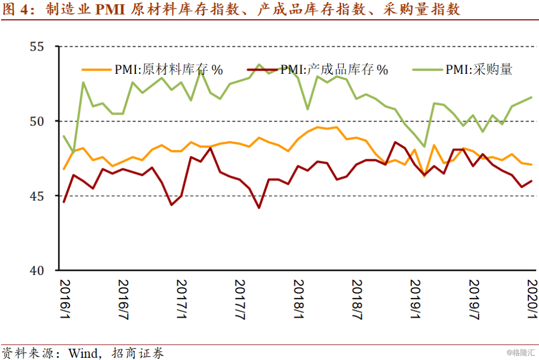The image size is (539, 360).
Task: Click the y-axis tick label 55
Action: click(36, 47)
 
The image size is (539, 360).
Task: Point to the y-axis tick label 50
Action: click(36, 121)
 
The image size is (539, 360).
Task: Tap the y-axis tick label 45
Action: click(36, 196)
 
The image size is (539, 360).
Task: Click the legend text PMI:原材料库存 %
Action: click(169, 70)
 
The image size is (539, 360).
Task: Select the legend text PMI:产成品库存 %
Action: click(334, 70)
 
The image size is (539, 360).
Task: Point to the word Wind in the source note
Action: click(82, 353)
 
